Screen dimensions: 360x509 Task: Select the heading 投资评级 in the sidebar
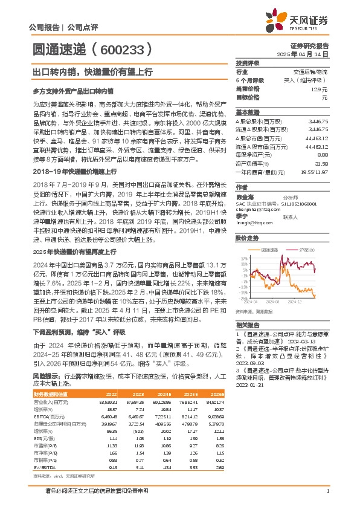(247, 63)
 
